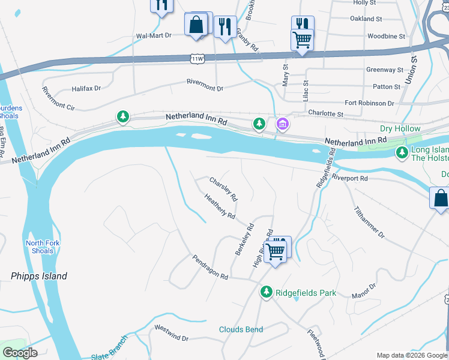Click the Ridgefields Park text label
[x=306, y=293]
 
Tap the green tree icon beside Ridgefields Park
[x=267, y=292]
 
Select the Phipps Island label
[x=39, y=277]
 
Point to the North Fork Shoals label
[x=41, y=247]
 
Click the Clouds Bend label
[x=241, y=329]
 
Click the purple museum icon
[x=282, y=125]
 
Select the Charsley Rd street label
[x=223, y=188]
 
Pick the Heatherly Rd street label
[x=219, y=206]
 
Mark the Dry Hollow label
[x=400, y=129]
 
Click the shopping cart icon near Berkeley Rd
[x=276, y=250]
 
